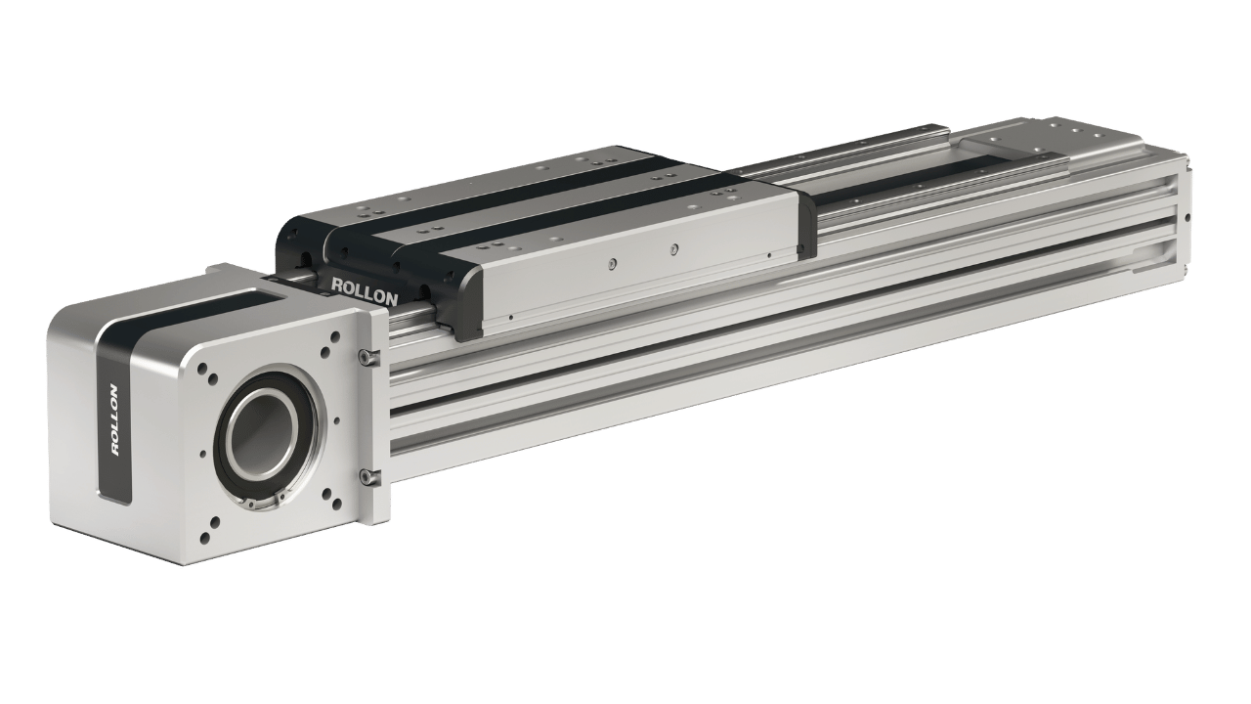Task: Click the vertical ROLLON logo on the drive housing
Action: coord(114,419)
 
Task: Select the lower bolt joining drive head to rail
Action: coord(367,476)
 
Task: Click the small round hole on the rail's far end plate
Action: coord(1187,217)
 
